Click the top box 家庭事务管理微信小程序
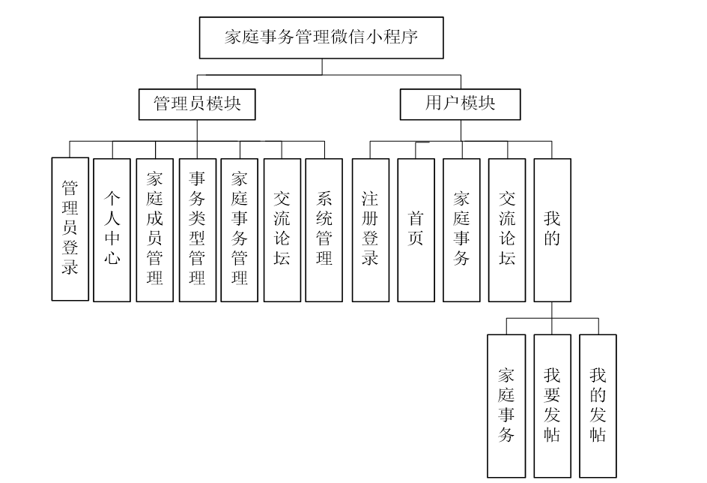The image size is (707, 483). pos(322,38)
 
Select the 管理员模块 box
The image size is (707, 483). pos(197,105)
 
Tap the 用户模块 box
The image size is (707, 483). pos(461,105)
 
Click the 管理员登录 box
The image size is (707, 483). pos(70,229)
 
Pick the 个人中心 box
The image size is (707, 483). pos(112,229)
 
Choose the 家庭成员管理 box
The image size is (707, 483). pos(155,229)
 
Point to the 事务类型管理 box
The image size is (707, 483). pos(198,229)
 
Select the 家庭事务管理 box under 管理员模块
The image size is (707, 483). pos(240,229)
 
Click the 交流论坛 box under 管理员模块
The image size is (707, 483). pos(282,229)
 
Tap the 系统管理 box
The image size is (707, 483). pos(324,229)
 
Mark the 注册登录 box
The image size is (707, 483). pos(370,229)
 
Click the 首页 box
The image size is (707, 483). pos(416,229)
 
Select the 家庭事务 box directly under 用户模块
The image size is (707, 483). pos(461,229)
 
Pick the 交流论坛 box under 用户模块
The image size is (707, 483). pos(507,229)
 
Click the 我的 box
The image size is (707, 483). pos(552,229)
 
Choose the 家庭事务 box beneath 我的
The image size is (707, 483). pos(506,406)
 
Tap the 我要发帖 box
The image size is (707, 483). pos(552,406)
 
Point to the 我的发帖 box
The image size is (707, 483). pos(598,406)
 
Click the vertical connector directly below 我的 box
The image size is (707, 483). pos(552,310)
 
